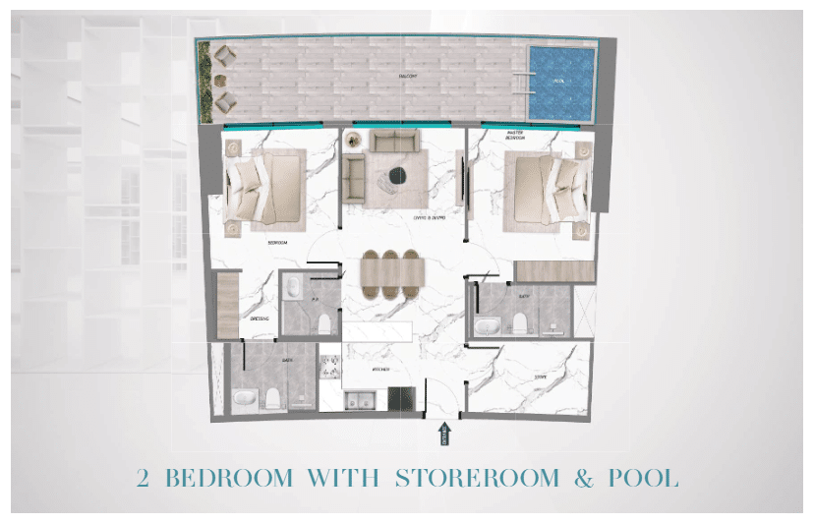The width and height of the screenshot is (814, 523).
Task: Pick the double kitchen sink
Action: (361, 399)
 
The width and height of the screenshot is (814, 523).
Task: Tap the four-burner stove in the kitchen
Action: (400, 399)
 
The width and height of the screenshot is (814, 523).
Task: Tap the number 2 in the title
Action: (145, 479)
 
